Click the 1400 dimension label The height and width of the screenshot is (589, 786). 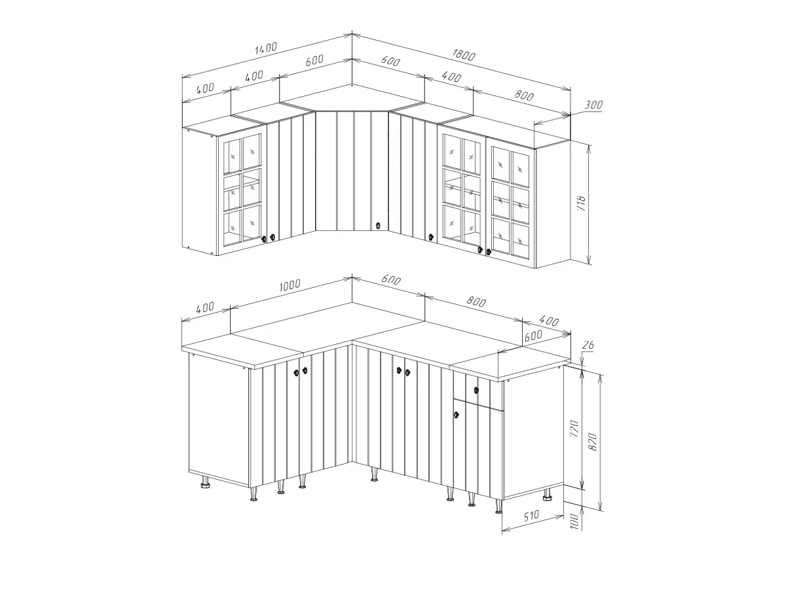[266, 48]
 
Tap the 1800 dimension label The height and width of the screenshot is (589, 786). [464, 55]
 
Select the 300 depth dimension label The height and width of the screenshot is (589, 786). [593, 105]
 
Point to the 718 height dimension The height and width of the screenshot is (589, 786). [582, 203]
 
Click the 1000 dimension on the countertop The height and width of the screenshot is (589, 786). [290, 285]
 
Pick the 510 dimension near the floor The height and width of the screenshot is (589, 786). [531, 516]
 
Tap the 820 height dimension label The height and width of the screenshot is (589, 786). [593, 442]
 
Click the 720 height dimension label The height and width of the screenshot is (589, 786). [574, 429]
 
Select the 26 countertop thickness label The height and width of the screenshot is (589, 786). [588, 345]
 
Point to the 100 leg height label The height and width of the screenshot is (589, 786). [574, 522]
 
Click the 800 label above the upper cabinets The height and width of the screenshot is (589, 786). [524, 95]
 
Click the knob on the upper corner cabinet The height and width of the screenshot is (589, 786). [378, 226]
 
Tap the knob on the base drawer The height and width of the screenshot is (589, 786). [476, 390]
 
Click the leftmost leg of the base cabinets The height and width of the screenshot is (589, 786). [205, 482]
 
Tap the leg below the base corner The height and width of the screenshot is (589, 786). [374, 473]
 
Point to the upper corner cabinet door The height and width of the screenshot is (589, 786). [352, 171]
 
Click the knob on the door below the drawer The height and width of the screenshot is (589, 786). [456, 415]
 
